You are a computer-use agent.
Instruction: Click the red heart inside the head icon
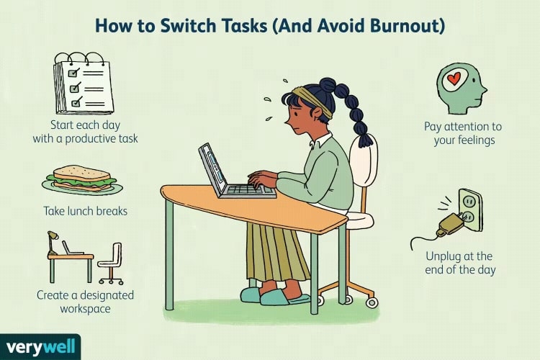coord(454,80)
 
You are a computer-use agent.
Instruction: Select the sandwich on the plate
coord(82,179)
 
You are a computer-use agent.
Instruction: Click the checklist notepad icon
coord(84,84)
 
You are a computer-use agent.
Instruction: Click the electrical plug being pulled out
coord(449,225)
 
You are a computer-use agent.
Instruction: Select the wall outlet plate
coord(471,210)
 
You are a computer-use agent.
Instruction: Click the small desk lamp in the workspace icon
coord(52,243)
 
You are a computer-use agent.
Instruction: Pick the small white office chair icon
coord(111,264)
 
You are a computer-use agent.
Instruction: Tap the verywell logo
coord(40,346)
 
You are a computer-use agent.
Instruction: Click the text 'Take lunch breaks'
coord(86,211)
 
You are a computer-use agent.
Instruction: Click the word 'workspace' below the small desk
coord(86,309)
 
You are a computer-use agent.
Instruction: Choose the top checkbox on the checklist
coord(73,73)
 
